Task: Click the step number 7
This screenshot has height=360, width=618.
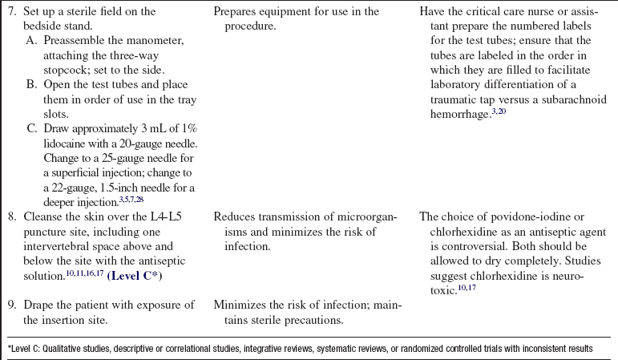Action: (x=10, y=12)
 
